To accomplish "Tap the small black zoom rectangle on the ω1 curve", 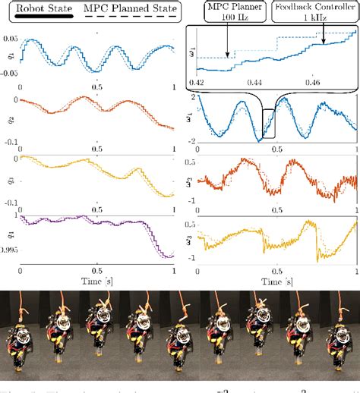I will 268,124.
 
